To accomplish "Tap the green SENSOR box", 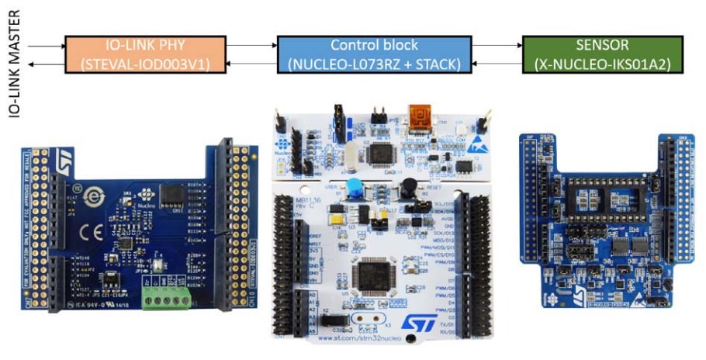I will coord(602,54).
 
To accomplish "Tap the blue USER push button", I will coord(355,187).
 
